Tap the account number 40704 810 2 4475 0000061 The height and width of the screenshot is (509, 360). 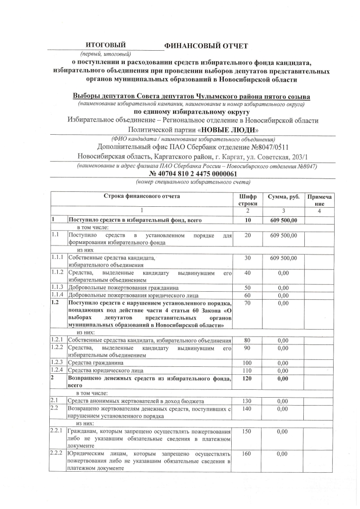(x=193, y=174)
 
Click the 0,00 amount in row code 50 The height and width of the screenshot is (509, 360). (x=283, y=288)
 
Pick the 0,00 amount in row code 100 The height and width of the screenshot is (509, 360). (x=283, y=363)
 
